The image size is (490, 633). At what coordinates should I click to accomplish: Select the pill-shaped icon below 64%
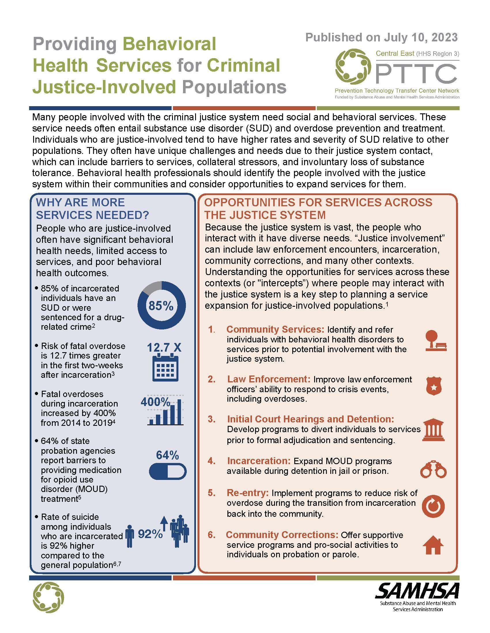coord(167,472)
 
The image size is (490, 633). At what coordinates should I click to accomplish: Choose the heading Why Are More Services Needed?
coord(92,208)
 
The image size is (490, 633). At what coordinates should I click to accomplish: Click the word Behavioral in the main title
coord(169,44)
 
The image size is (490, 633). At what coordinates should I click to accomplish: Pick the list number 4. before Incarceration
coord(211,461)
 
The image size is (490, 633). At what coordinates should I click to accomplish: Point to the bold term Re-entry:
coord(248,493)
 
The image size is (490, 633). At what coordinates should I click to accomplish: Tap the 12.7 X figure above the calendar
coord(164,347)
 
